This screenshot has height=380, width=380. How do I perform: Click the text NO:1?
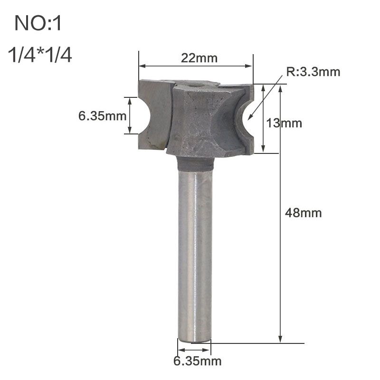point(38,24)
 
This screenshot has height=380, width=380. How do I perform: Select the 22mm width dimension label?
point(199,58)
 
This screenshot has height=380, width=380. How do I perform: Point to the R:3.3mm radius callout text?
point(313,72)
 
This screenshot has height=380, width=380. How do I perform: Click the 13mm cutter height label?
point(284,123)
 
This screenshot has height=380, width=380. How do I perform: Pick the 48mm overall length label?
point(304,213)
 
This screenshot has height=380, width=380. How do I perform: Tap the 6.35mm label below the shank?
point(197,361)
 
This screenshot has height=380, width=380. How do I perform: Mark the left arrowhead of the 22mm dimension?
point(141,66)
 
